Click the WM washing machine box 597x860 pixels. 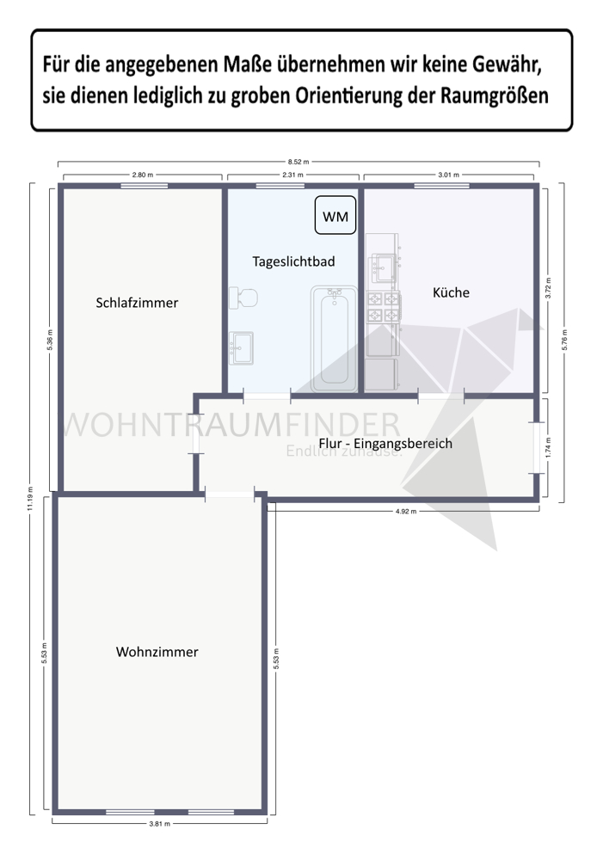335,216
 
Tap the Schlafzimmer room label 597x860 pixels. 137,303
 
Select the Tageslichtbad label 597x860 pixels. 293,261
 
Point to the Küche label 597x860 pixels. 451,292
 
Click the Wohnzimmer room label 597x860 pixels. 157,652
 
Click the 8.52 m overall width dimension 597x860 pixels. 298,161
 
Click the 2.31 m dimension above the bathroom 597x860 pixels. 293,175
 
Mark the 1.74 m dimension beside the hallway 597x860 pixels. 549,446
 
